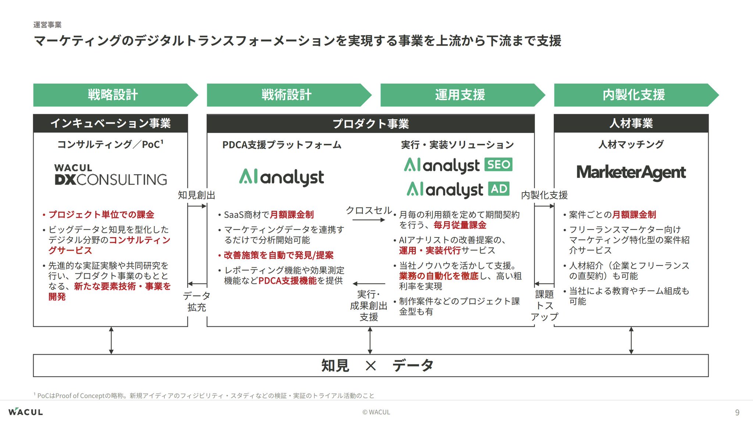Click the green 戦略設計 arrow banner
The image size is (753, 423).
[113, 95]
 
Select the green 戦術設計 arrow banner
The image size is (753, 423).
[286, 95]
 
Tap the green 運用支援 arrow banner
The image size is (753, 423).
[460, 95]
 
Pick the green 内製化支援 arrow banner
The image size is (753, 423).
[634, 95]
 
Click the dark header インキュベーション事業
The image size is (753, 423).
[110, 123]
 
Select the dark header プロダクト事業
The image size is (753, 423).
[371, 124]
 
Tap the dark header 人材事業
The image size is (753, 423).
[631, 123]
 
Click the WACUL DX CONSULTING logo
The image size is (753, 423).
[110, 175]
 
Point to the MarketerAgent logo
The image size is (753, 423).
[631, 172]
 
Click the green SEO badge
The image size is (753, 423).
[499, 165]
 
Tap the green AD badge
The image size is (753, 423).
[499, 189]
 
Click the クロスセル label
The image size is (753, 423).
[369, 210]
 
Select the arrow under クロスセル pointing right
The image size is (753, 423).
[369, 220]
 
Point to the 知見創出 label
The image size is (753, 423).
[196, 195]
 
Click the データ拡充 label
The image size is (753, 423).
[196, 301]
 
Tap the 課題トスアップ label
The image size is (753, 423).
[544, 305]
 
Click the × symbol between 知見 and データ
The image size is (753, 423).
[371, 366]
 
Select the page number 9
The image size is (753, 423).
[737, 412]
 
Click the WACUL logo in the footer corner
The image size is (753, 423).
[26, 412]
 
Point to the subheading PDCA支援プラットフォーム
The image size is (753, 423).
[282, 145]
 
